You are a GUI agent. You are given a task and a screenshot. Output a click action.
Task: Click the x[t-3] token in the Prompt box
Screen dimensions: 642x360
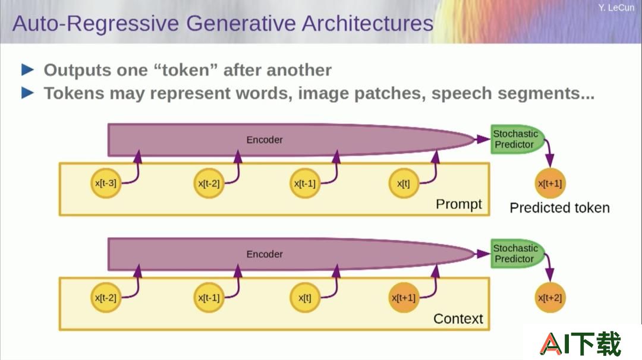point(106,184)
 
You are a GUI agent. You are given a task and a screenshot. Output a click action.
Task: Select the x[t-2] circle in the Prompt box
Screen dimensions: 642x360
point(209,184)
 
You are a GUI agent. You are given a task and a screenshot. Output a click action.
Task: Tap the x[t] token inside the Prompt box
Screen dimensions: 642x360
point(403,184)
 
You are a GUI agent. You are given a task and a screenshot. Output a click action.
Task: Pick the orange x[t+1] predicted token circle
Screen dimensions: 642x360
point(550,184)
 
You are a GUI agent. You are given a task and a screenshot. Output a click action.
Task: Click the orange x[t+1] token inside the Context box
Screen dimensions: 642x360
point(403,298)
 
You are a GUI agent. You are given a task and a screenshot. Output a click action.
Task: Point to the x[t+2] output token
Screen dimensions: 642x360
point(550,298)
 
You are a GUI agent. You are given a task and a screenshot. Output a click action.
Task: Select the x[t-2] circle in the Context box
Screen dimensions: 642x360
point(106,298)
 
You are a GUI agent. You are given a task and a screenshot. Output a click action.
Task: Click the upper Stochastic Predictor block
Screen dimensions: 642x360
point(517,139)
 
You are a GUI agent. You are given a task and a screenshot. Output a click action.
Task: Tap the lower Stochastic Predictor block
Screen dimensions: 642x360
point(517,254)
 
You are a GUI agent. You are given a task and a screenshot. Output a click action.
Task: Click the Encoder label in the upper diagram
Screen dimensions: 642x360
point(265,140)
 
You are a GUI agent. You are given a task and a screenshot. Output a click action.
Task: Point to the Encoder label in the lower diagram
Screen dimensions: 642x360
point(265,254)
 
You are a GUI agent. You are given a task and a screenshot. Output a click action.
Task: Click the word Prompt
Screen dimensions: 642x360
point(458,204)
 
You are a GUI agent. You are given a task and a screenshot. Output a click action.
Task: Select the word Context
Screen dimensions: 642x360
point(458,318)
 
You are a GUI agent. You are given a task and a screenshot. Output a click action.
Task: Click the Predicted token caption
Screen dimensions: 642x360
point(560,208)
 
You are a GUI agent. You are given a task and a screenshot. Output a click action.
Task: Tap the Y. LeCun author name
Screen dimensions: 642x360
point(616,8)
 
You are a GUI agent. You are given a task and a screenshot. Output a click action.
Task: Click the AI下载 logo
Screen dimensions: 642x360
point(581,343)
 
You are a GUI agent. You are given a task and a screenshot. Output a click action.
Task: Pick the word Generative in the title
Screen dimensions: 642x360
point(241,23)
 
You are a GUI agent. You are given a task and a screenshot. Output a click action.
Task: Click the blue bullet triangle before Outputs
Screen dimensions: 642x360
point(27,70)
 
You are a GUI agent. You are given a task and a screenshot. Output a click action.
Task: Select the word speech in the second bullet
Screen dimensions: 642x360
point(461,94)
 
